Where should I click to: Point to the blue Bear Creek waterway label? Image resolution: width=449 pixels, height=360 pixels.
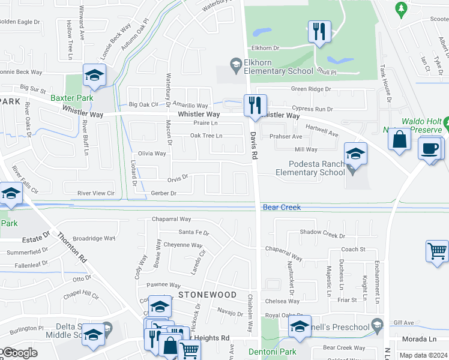pos(282,207)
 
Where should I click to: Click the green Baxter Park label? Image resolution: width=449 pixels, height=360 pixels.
pos(72,97)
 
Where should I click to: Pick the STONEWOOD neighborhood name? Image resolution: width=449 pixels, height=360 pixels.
pos(208,295)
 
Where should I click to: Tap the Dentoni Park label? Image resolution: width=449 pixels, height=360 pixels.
pos(281,352)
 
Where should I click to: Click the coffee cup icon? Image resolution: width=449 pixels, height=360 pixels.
pos(430,148)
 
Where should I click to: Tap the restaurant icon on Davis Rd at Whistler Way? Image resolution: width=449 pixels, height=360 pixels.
pos(255,105)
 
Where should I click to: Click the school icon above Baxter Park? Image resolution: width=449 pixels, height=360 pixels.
pos(94,75)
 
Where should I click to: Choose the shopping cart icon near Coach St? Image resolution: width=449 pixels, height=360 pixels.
pos(437,250)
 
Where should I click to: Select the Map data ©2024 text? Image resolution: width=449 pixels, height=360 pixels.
pos(423,356)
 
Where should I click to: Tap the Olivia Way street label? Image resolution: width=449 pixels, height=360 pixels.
pos(152,154)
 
